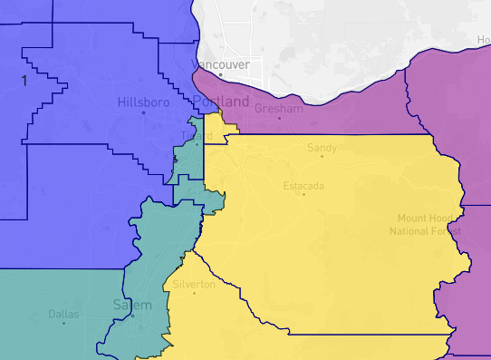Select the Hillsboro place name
[142, 102]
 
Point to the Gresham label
[279, 108]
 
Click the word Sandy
[322, 147]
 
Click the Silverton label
[194, 284]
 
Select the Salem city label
[132, 305]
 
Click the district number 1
[24, 81]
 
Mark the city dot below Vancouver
[219, 75]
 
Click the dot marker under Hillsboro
[143, 113]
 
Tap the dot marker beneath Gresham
[279, 118]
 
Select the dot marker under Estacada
[304, 194]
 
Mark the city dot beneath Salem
[132, 316]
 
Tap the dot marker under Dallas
[63, 324]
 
